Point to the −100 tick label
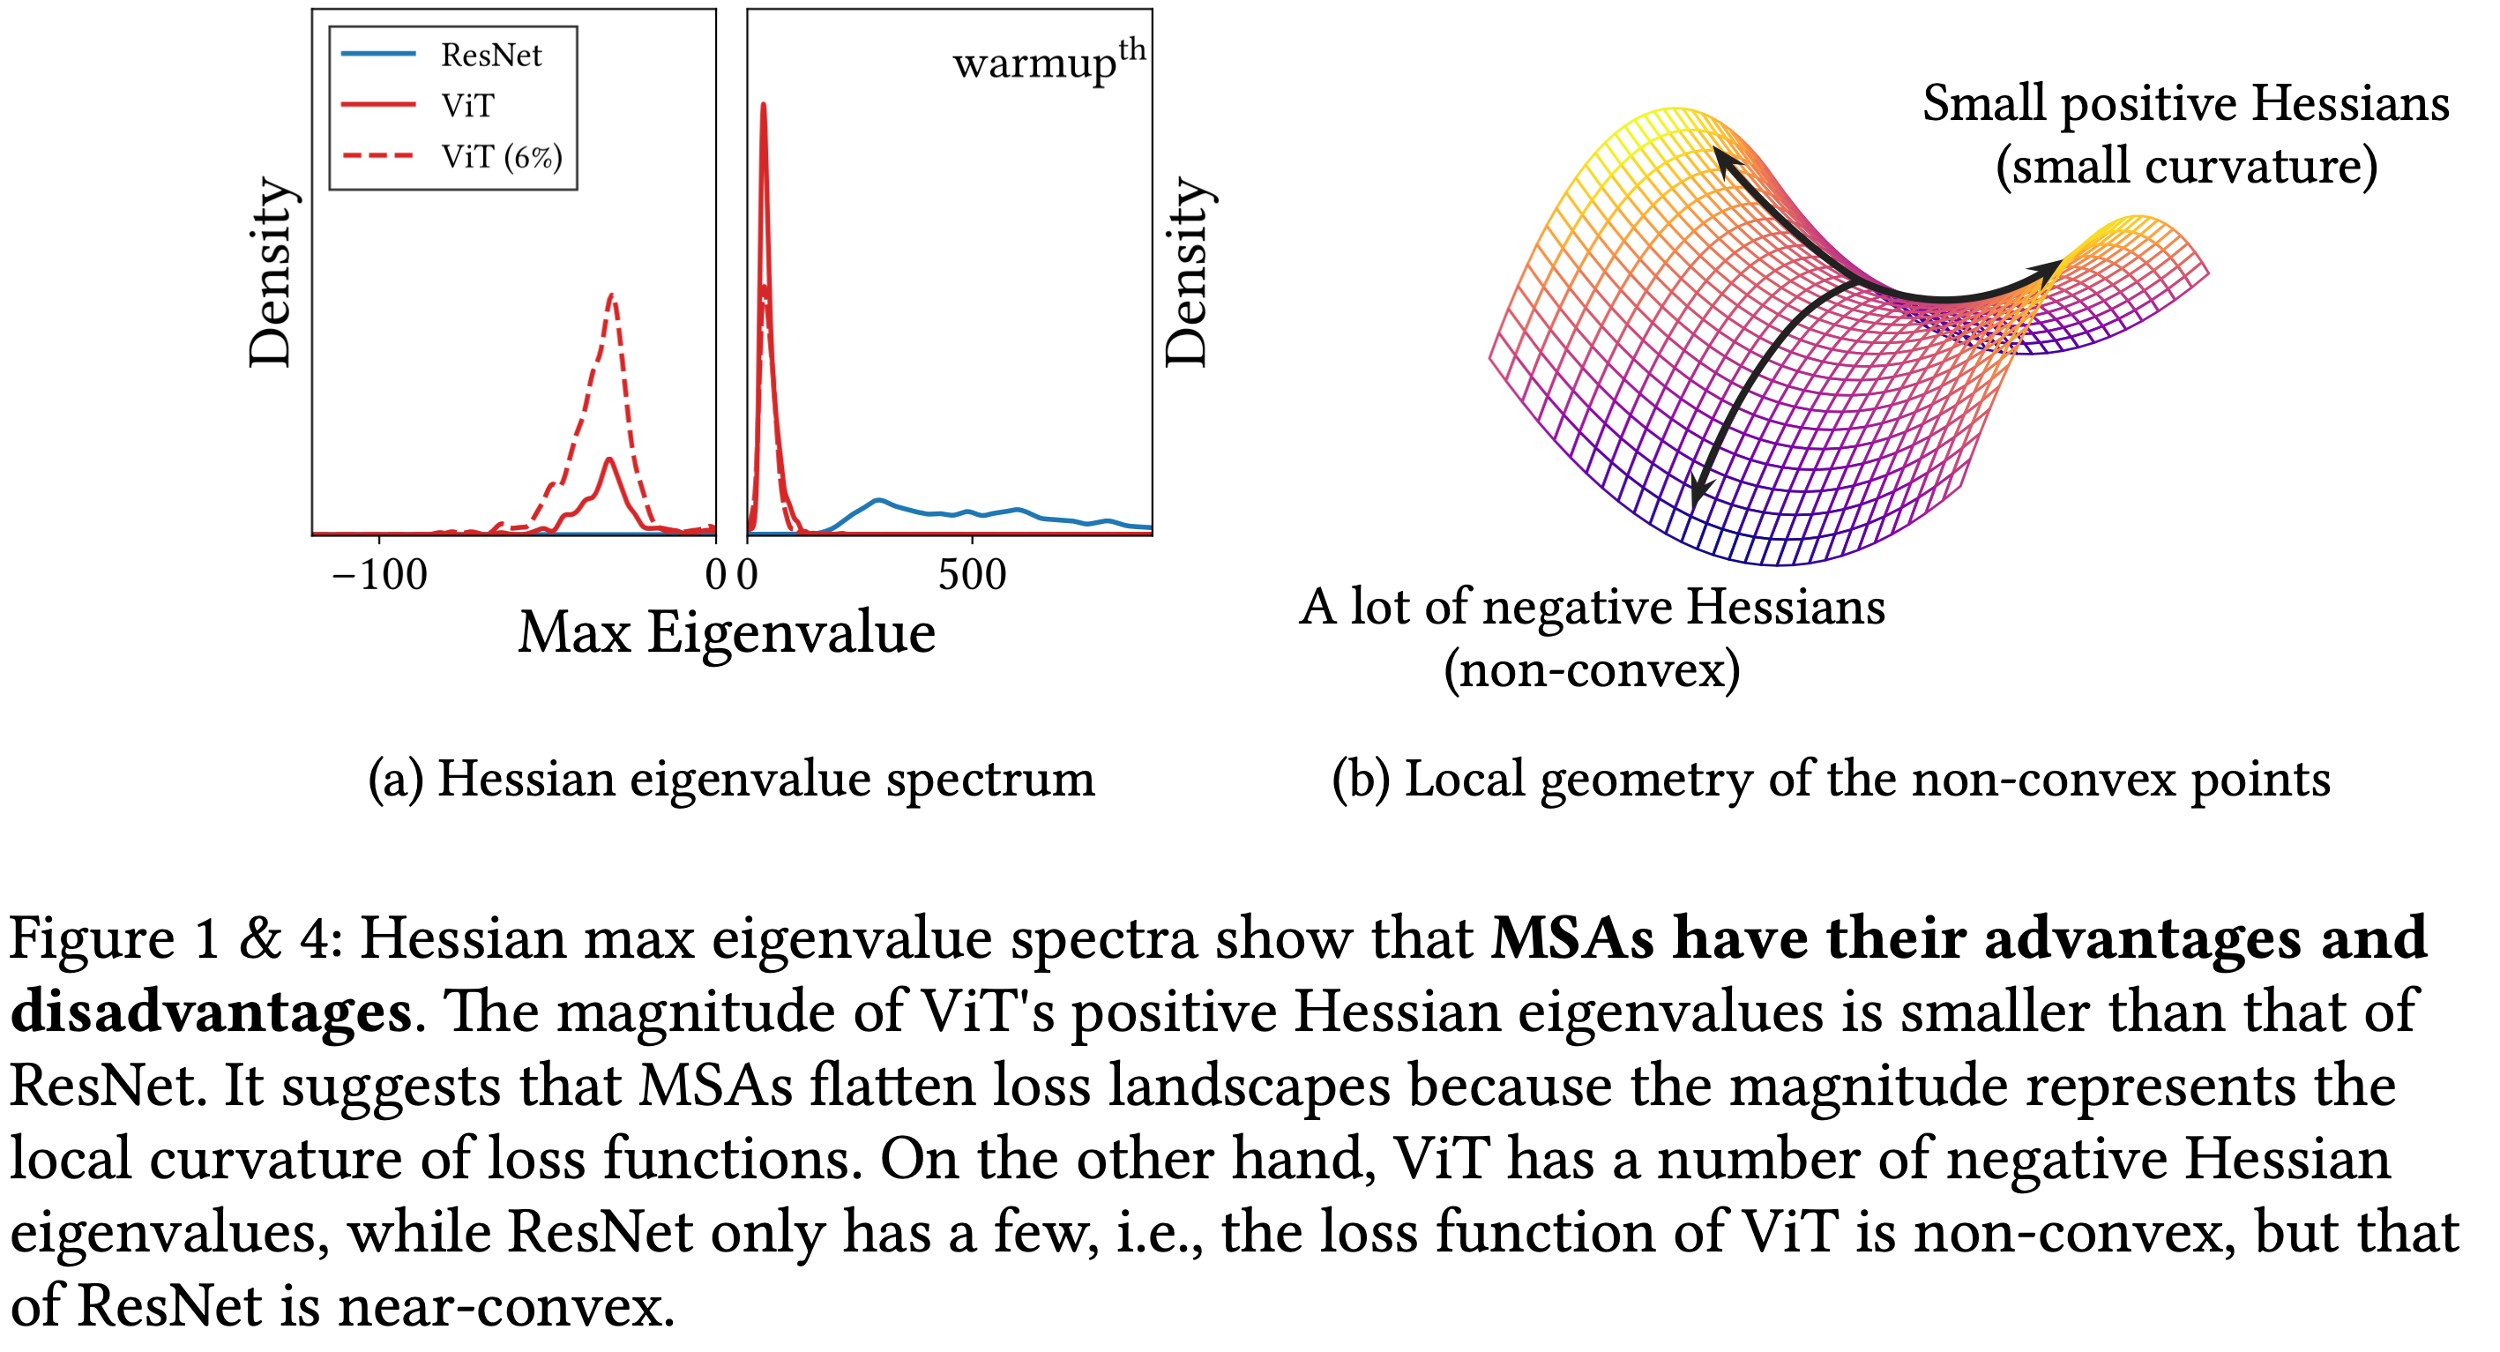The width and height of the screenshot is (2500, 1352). coord(378,576)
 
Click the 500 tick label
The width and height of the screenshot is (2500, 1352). coord(972,576)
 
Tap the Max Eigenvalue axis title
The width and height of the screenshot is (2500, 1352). coord(726,633)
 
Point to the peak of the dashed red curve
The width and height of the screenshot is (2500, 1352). coord(612,296)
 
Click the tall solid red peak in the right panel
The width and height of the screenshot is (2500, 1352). coord(764,107)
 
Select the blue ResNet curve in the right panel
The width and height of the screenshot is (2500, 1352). coord(878,501)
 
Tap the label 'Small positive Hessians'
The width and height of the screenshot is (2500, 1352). coord(2185,103)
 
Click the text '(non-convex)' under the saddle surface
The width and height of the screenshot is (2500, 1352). coord(1592,669)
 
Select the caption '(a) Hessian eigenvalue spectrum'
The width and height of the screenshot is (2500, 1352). coord(731,780)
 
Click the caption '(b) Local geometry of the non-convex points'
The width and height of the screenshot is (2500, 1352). coord(1831,780)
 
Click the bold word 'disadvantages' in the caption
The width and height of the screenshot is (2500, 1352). coord(212,1012)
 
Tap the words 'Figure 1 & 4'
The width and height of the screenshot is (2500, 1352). coord(175,938)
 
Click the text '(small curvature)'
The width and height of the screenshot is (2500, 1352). coord(2185,166)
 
